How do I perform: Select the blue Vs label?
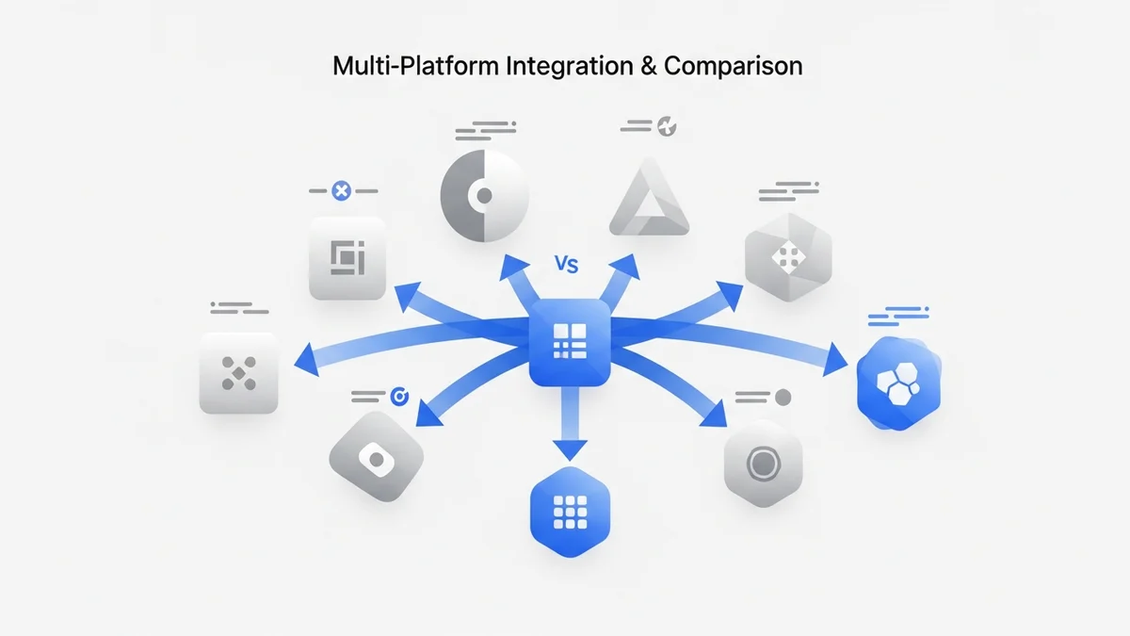point(566,265)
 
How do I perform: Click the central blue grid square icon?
point(569,342)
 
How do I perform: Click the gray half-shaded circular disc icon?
point(484,195)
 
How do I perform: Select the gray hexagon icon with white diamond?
point(788,252)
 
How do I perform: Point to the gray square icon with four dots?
point(238,373)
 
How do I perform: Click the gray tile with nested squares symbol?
point(347,258)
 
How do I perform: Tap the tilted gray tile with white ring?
point(375,459)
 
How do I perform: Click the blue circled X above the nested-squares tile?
point(342,191)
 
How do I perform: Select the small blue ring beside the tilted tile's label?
point(397,398)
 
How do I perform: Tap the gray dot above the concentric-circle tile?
point(783,398)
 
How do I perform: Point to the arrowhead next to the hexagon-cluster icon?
point(836,361)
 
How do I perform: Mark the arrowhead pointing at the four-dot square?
point(302,358)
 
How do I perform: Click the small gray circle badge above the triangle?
point(668,124)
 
